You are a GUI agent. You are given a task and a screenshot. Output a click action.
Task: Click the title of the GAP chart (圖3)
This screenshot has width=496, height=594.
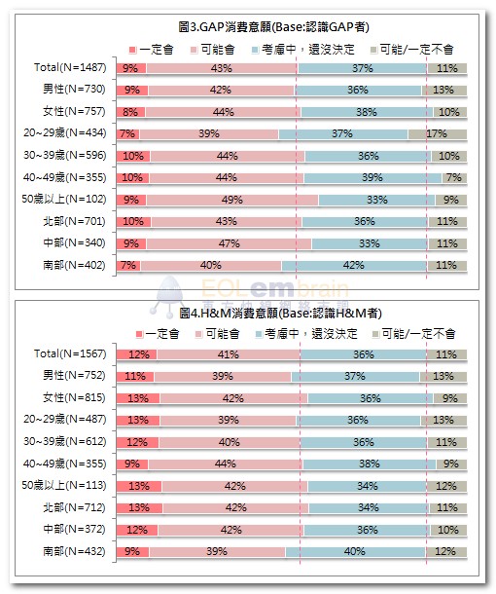tap(273, 27)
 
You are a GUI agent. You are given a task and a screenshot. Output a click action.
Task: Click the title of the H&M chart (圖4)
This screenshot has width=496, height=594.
tap(280, 313)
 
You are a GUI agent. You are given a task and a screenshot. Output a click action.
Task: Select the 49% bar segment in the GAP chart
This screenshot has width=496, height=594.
tap(232, 200)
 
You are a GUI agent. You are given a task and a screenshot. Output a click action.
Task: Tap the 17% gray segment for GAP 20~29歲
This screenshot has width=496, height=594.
tap(438, 133)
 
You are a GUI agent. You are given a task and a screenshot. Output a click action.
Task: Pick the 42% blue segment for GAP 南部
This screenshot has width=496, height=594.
tap(354, 265)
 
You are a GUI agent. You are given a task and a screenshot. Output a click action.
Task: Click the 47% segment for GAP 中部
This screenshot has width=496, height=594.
tap(230, 243)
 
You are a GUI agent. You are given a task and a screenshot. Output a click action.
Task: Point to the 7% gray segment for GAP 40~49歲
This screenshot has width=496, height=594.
tap(454, 177)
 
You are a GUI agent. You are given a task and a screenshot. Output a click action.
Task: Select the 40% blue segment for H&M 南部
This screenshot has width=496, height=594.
tap(356, 551)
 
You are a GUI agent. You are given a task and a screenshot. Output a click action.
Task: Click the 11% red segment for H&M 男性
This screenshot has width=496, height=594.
tap(135, 376)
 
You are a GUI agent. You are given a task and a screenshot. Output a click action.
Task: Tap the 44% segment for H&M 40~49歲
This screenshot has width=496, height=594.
tap(226, 464)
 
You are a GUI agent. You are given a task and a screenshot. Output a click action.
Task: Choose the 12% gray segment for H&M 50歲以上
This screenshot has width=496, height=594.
tap(446, 486)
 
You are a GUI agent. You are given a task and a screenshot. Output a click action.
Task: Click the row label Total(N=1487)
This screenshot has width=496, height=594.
tap(70, 67)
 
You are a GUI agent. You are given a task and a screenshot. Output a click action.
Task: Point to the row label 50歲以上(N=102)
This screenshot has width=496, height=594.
tap(64, 199)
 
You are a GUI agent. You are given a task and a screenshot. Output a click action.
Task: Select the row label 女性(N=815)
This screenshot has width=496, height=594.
tap(74, 397)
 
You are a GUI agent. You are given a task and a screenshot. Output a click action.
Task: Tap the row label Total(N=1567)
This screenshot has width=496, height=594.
tap(70, 353)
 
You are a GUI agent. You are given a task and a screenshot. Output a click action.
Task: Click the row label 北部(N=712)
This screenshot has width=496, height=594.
tap(74, 507)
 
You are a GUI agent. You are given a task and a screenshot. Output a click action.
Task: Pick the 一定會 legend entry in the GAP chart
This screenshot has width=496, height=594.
tap(152, 50)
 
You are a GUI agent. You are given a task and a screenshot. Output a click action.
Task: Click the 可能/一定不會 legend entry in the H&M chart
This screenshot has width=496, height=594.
tap(414, 334)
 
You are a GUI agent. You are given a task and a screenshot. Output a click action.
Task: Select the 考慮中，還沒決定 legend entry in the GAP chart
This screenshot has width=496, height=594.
tap(303, 50)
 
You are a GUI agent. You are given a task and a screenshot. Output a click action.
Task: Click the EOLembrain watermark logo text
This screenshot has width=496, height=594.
tap(274, 289)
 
